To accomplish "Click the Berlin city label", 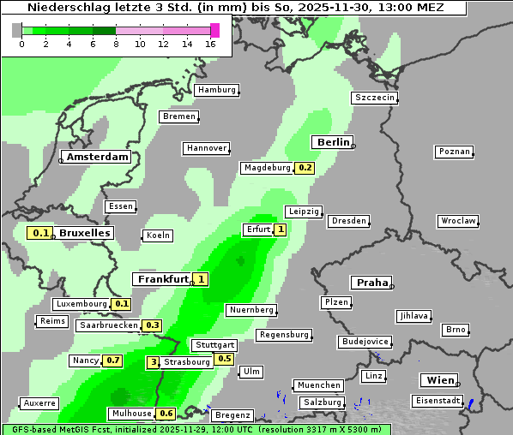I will [333, 142].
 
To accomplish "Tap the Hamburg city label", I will [216, 90].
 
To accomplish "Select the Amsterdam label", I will [98, 158].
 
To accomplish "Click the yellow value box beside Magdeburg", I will [305, 168].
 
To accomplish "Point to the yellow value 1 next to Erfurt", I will [280, 229].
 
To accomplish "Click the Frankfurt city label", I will [163, 279].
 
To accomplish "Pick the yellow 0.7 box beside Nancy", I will [112, 361].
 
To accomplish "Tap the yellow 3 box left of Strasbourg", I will [154, 362].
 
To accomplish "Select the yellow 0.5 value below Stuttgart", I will [224, 359].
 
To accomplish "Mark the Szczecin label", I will [375, 98].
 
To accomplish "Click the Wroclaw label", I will [458, 221].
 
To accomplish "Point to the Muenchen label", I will [318, 385].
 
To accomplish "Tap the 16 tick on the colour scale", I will [211, 44].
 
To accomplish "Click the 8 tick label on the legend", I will [116, 44].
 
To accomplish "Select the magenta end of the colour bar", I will [214, 30].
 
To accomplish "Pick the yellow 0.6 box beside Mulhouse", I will [166, 414].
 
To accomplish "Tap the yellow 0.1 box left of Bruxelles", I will [39, 233].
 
